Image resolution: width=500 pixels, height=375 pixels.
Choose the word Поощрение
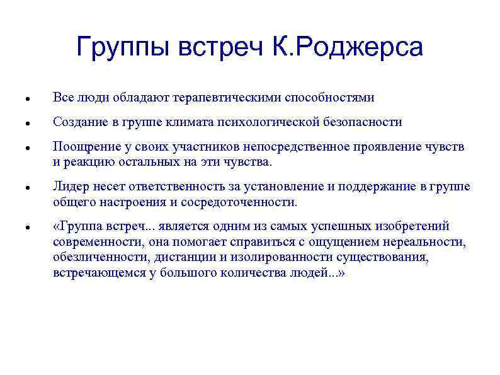click(x=84, y=147)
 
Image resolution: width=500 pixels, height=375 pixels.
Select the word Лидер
click(x=69, y=187)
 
